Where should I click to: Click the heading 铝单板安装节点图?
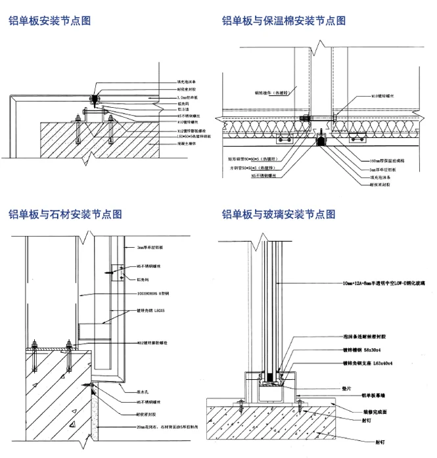coord(50,20)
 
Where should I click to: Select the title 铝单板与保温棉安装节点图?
coord(284,20)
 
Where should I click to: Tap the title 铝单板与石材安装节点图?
coord(65,214)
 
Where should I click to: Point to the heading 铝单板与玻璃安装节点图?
coord(279,214)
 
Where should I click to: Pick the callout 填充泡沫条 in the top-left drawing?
coord(187,82)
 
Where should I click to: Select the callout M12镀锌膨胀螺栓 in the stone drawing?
coord(152,342)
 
